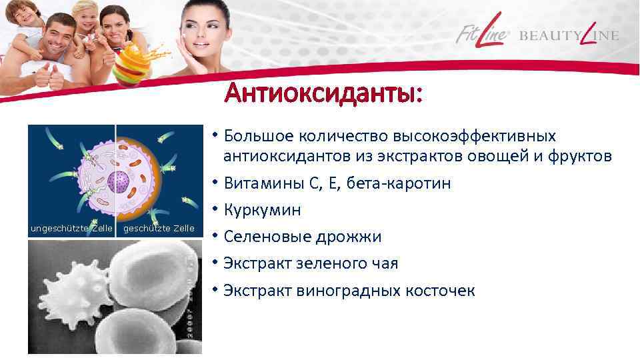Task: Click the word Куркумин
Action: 262,210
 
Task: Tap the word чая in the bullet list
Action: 384,263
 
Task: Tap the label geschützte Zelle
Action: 159,229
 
